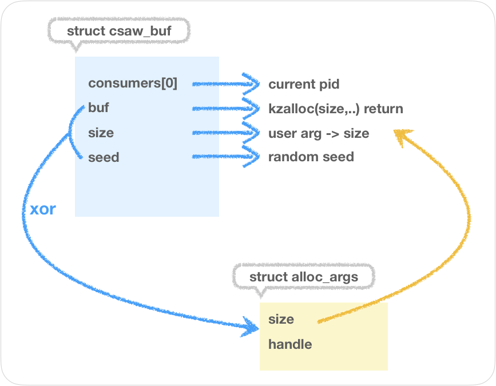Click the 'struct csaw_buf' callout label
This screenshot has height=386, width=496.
[x=118, y=30]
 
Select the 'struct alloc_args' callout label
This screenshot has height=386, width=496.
[x=303, y=277]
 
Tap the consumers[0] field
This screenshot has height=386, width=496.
[x=132, y=83]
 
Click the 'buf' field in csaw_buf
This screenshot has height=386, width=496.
[x=98, y=108]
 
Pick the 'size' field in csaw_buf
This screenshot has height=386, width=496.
[x=101, y=133]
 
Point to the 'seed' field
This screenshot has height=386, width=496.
[x=104, y=157]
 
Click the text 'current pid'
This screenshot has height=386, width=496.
[x=304, y=84]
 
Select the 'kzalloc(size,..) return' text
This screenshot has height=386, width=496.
[x=335, y=109]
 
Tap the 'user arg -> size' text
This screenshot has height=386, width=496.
[x=319, y=133]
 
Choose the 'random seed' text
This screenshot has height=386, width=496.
[x=311, y=157]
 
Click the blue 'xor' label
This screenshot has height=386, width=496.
[x=42, y=209]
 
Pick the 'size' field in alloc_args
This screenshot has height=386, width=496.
[x=281, y=319]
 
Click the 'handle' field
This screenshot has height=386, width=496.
[x=289, y=344]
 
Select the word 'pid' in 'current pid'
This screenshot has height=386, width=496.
[x=328, y=84]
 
